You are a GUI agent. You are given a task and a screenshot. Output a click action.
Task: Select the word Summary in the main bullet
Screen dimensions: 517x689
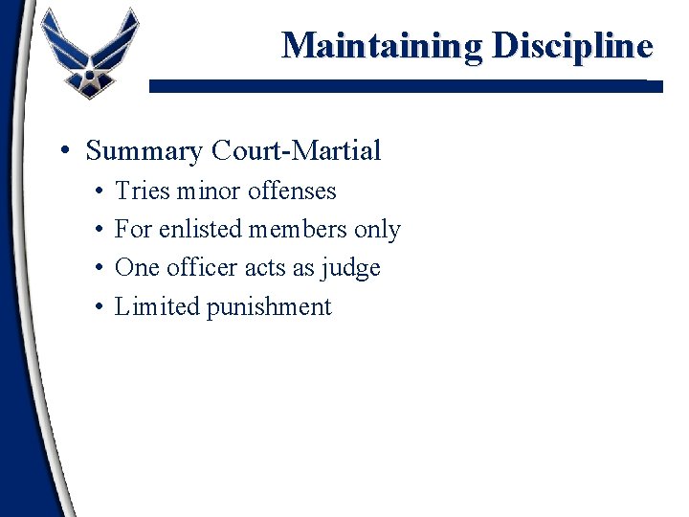144,151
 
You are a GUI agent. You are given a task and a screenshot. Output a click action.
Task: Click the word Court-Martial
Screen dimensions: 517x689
296,151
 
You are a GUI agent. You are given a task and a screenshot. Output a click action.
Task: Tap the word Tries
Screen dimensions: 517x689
139,191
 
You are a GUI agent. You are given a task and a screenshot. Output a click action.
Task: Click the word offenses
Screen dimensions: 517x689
292,191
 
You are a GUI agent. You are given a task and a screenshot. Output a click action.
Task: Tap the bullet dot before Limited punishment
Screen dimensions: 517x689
100,307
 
